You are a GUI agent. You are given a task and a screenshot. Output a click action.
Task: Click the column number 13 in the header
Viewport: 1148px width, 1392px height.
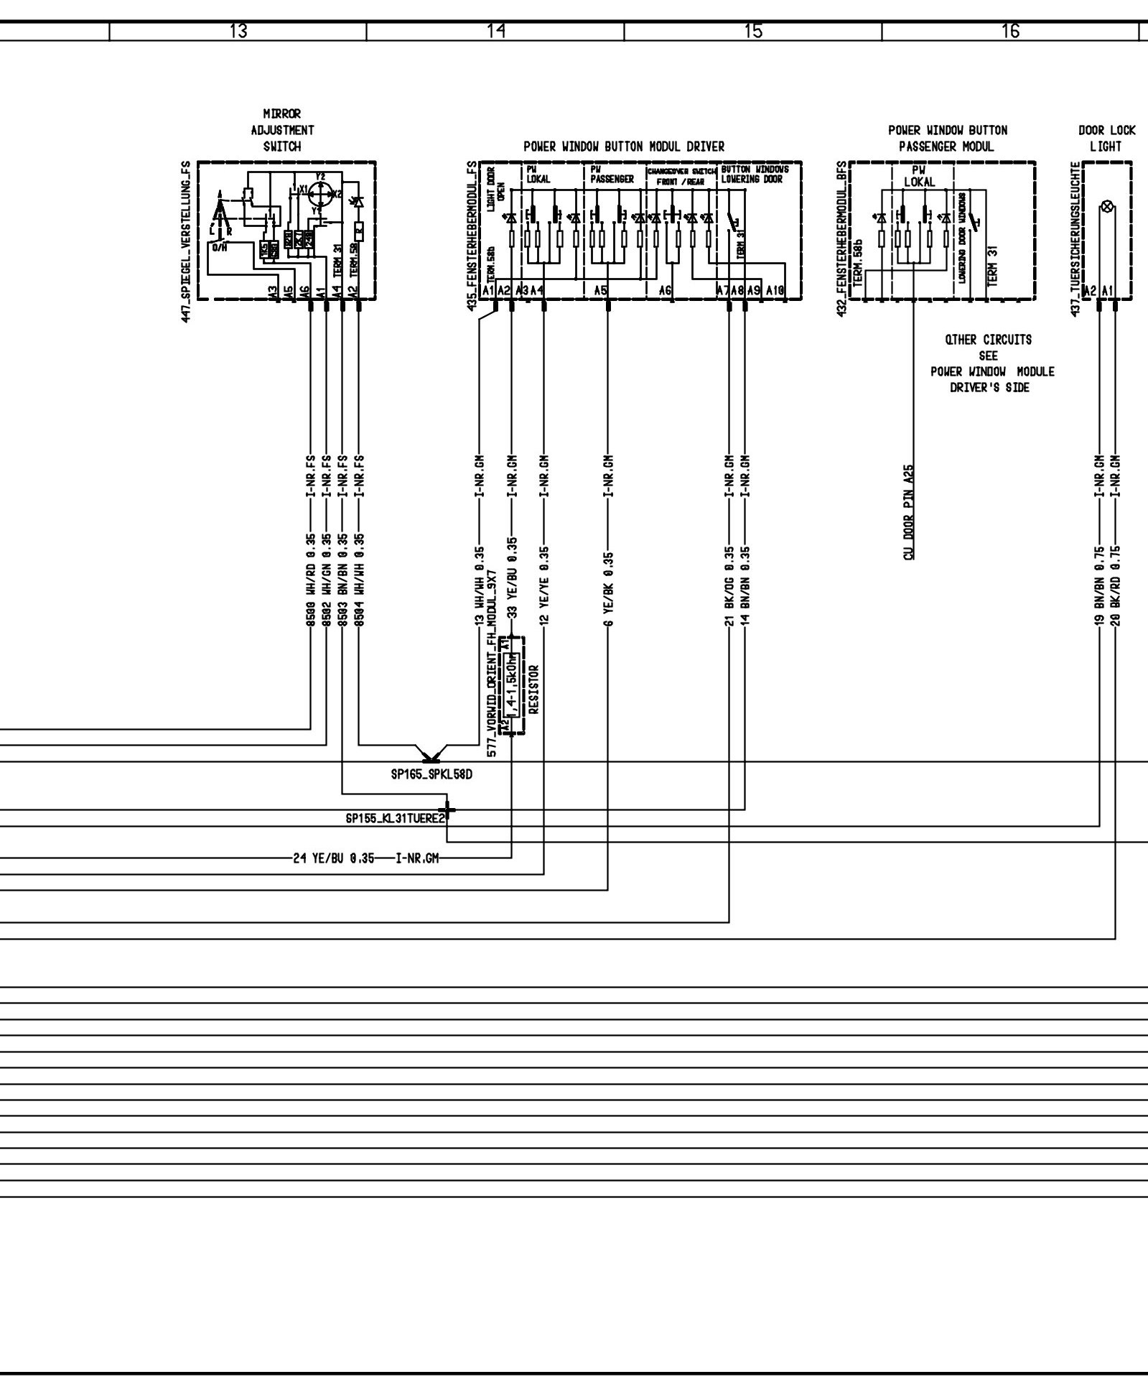[238, 32]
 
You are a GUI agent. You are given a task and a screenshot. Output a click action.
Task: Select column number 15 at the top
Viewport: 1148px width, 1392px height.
[753, 32]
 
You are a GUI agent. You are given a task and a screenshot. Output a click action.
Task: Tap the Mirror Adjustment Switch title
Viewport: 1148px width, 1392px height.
[282, 130]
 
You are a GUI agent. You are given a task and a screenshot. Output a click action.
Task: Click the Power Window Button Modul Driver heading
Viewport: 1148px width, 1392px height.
[624, 147]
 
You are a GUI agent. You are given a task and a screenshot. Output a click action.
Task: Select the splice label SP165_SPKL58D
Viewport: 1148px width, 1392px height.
[431, 776]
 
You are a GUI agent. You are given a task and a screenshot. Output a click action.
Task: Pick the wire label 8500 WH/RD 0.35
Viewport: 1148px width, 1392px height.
[311, 580]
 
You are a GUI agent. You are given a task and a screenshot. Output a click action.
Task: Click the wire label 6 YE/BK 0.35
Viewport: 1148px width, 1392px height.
[608, 590]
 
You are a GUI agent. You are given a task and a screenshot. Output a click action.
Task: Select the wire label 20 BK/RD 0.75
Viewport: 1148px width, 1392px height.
[1116, 586]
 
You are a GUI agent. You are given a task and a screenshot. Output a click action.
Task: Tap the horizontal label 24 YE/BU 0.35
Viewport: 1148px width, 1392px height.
[334, 858]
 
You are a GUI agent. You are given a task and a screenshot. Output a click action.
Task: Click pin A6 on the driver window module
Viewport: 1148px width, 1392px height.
[665, 291]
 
